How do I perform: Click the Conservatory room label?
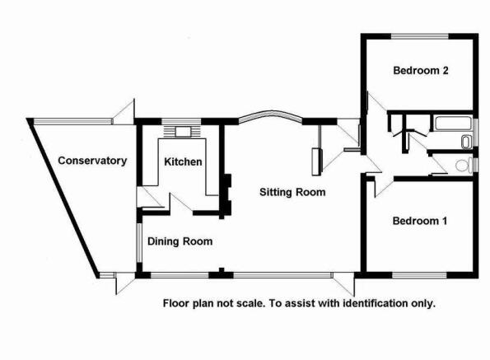[x=92, y=161]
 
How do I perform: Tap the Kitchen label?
[x=183, y=161]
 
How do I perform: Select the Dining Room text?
[x=180, y=241]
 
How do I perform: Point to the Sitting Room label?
[x=292, y=192]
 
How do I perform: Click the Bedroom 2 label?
[x=421, y=71]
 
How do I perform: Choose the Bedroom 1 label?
[x=420, y=221]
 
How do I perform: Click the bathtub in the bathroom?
[x=453, y=123]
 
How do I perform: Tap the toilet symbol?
[x=464, y=166]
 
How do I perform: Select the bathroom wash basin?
[x=466, y=142]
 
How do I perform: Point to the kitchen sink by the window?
[x=183, y=132]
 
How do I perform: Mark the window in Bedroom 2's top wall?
[x=420, y=36]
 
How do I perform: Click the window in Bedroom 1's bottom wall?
[x=419, y=275]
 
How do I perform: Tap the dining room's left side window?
[x=139, y=242]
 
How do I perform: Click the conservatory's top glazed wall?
[x=72, y=121]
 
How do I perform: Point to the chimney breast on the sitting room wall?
[x=227, y=194]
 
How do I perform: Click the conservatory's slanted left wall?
[x=63, y=198]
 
